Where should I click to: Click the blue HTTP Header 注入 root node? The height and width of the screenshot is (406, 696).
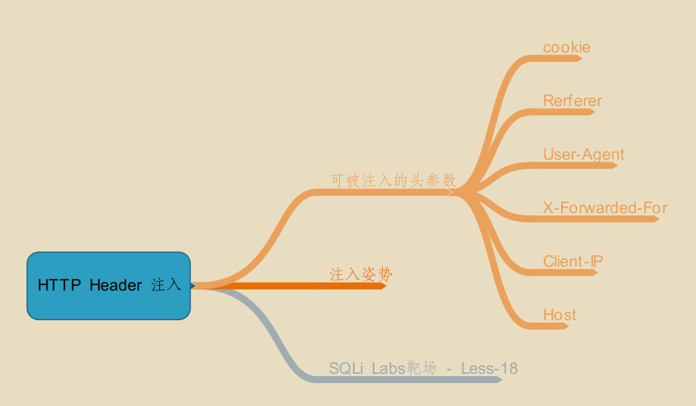[108, 285]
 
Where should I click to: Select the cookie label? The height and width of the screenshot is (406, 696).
[567, 47]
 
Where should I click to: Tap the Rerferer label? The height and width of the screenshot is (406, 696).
[572, 101]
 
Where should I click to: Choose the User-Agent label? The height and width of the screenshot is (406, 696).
[583, 155]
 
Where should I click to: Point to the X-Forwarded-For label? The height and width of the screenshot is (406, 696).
[605, 208]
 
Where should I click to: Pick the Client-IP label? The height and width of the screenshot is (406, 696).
[573, 262]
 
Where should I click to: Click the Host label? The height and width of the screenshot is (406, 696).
[560, 315]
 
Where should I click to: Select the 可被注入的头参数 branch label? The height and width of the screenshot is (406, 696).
[393, 181]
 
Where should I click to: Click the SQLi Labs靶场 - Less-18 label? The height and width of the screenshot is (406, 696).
[423, 368]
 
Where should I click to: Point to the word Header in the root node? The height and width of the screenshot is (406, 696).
[116, 286]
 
